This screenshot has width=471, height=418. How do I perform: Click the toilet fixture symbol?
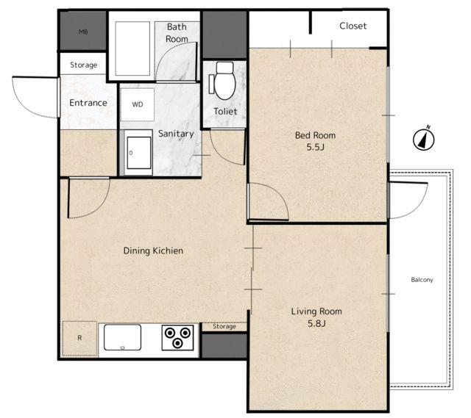tap(224, 81)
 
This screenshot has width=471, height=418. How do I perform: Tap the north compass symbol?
tap(424, 138)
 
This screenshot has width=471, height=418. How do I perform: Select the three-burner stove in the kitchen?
tap(177, 337)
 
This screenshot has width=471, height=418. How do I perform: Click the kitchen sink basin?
tap(122, 337)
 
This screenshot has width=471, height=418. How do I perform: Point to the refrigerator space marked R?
tap(79, 338)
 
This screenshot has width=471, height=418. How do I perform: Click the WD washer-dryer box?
tap(138, 104)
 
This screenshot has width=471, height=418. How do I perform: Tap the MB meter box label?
tap(83, 32)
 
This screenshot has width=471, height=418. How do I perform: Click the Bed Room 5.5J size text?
tap(316, 147)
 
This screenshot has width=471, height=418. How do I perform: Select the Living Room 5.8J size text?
tap(316, 323)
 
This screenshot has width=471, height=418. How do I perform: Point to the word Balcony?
tap(422, 280)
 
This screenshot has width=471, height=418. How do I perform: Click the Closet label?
tap(353, 26)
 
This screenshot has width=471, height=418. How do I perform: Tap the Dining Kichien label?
tap(153, 251)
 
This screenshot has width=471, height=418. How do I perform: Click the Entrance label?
tap(88, 103)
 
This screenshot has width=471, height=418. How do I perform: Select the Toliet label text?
tap(225, 111)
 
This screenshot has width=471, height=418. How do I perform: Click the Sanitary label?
tap(176, 134)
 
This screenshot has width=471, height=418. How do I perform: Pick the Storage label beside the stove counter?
tap(224, 326)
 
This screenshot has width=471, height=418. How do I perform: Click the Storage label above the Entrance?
tap(83, 65)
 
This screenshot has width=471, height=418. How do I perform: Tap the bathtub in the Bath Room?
tap(132, 48)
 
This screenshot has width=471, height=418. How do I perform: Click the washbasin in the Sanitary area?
tap(138, 153)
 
